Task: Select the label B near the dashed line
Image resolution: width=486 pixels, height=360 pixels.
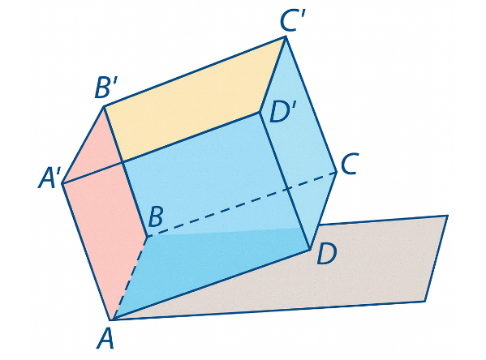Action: tap(156, 216)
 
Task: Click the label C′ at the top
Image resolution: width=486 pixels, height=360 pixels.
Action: tap(293, 21)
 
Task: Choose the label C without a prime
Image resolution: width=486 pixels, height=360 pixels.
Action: tap(350, 163)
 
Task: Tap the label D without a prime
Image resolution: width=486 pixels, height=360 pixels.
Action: tap(327, 254)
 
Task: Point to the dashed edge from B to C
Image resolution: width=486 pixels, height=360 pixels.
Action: tap(242, 204)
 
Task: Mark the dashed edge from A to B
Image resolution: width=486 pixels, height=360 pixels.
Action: tap(130, 279)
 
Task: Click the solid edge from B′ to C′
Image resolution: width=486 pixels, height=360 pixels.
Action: tap(195, 71)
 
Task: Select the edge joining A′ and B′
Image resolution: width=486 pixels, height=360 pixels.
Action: tap(83, 145)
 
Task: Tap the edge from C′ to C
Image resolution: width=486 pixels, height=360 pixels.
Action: tap(312, 105)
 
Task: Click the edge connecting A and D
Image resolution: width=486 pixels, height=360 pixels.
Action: tap(211, 285)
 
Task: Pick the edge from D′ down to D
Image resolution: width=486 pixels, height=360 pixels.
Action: tap(285, 181)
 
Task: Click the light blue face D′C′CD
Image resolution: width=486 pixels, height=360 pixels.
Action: tap(298, 143)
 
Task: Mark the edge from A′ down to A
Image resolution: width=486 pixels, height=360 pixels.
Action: tap(87, 252)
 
